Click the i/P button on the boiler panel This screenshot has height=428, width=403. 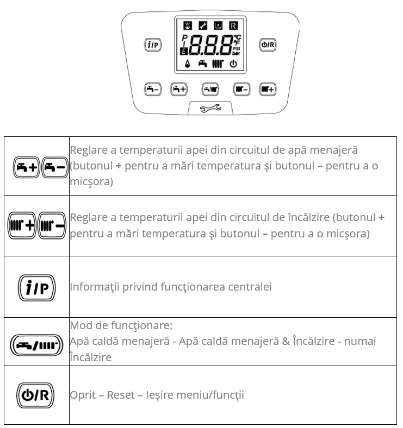[153, 45]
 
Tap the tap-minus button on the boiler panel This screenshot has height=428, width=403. [153, 90]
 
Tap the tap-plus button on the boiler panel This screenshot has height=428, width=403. [179, 90]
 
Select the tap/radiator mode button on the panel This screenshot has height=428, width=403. [210, 90]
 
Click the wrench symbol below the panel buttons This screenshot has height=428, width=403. [210, 109]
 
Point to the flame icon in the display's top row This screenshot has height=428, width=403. [188, 26]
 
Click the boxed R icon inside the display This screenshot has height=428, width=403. [233, 26]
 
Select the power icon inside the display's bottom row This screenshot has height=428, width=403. [233, 64]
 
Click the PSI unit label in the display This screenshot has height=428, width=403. [237, 48]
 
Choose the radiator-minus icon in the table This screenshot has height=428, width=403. [52, 225]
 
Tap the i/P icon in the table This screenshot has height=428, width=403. [37, 287]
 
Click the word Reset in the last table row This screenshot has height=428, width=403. [120, 395]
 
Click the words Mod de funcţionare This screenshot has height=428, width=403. [121, 325]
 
